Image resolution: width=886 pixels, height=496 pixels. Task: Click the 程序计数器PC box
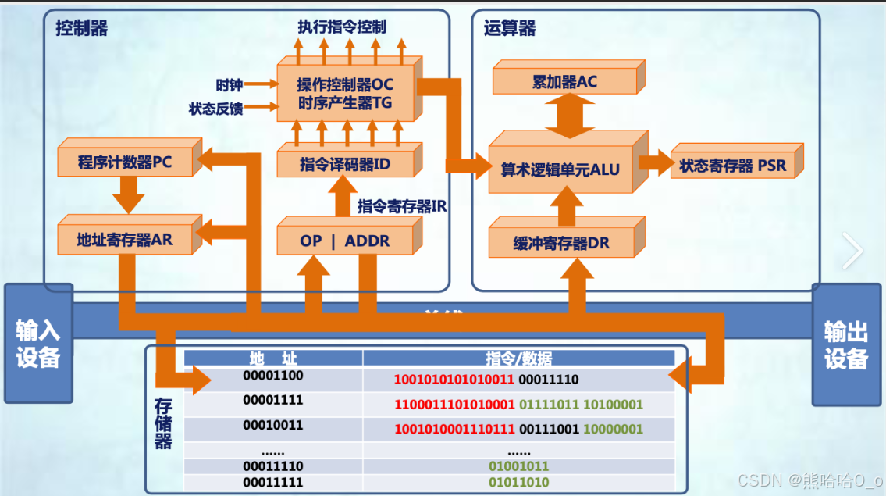[x=125, y=162]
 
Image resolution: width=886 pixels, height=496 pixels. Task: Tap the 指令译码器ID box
[x=344, y=165]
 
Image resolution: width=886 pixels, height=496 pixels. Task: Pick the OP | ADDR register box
[x=344, y=241]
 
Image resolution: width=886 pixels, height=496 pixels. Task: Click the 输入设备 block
[x=38, y=344]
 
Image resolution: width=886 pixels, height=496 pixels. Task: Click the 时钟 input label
[x=230, y=85]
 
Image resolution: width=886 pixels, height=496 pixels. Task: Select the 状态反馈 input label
[x=216, y=109]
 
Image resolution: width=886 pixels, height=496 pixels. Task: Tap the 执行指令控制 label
[x=341, y=26]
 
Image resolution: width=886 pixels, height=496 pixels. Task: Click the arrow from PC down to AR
[x=129, y=194]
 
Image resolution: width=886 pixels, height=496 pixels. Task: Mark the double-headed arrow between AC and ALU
[x=564, y=118]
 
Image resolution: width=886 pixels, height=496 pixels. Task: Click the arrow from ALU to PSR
[x=655, y=163]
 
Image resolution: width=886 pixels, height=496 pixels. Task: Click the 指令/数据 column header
[x=518, y=359]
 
